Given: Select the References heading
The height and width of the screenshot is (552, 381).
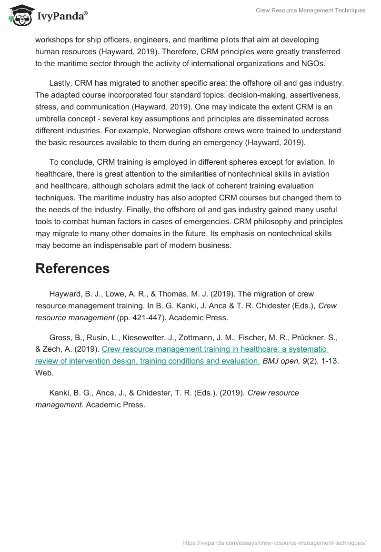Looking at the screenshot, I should (72, 268).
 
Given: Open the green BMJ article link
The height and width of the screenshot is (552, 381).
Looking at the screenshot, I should (181, 355).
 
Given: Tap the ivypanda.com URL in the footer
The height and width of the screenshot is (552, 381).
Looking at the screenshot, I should (274, 542).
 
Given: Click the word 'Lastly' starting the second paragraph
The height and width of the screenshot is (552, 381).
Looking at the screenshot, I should (61, 83).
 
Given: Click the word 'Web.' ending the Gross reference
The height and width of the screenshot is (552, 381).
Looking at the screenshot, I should (44, 373).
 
